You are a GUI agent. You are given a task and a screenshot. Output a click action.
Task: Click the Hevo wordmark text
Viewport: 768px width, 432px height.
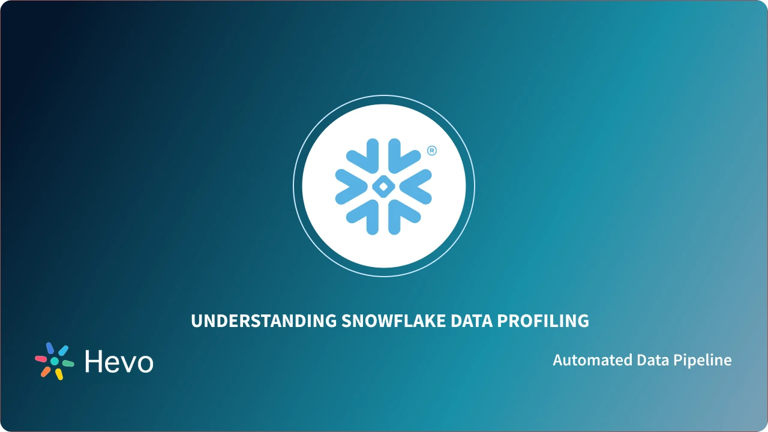click(x=119, y=362)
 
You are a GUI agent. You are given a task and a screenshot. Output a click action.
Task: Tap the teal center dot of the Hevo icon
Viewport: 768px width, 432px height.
click(x=55, y=361)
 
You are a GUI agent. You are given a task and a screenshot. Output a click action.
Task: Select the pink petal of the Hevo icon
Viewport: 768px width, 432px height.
click(x=41, y=359)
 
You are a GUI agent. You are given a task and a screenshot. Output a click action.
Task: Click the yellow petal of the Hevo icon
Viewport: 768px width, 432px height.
click(x=59, y=374)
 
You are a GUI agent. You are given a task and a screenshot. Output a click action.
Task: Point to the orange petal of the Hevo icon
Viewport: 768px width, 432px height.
click(x=46, y=372)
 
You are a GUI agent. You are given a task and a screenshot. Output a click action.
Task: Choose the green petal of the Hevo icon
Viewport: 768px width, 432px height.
click(x=68, y=364)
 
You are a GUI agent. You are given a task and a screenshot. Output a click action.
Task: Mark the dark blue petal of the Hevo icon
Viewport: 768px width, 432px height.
click(x=50, y=348)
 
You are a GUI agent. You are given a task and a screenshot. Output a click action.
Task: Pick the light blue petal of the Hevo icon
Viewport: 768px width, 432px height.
click(x=64, y=350)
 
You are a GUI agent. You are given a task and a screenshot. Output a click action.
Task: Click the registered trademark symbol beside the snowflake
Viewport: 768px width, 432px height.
click(x=431, y=151)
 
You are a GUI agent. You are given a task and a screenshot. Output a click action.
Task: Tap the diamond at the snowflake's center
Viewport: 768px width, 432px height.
click(x=383, y=187)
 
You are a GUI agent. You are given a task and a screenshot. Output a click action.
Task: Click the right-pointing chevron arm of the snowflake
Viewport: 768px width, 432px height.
click(x=418, y=186)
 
